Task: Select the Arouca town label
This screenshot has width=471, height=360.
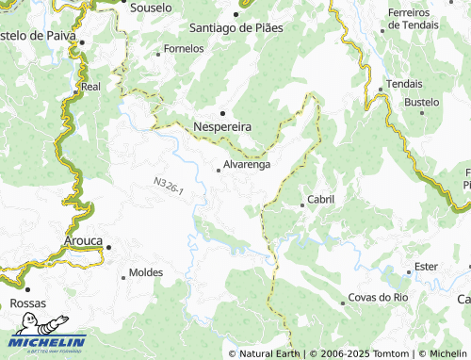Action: tap(82, 241)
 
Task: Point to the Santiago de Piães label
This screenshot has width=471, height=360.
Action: tap(235, 27)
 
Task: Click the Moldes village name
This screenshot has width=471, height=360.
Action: tap(145, 272)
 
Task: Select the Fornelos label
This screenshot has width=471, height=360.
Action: tap(184, 48)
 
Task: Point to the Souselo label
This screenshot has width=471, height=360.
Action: tap(150, 7)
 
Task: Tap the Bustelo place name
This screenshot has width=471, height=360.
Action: tap(422, 101)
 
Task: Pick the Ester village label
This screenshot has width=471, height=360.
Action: tap(426, 267)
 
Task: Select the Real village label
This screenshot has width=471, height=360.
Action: tap(91, 86)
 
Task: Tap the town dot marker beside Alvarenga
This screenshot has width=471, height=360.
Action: tap(219, 171)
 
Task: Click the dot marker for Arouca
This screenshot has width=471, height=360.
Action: tap(108, 247)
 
